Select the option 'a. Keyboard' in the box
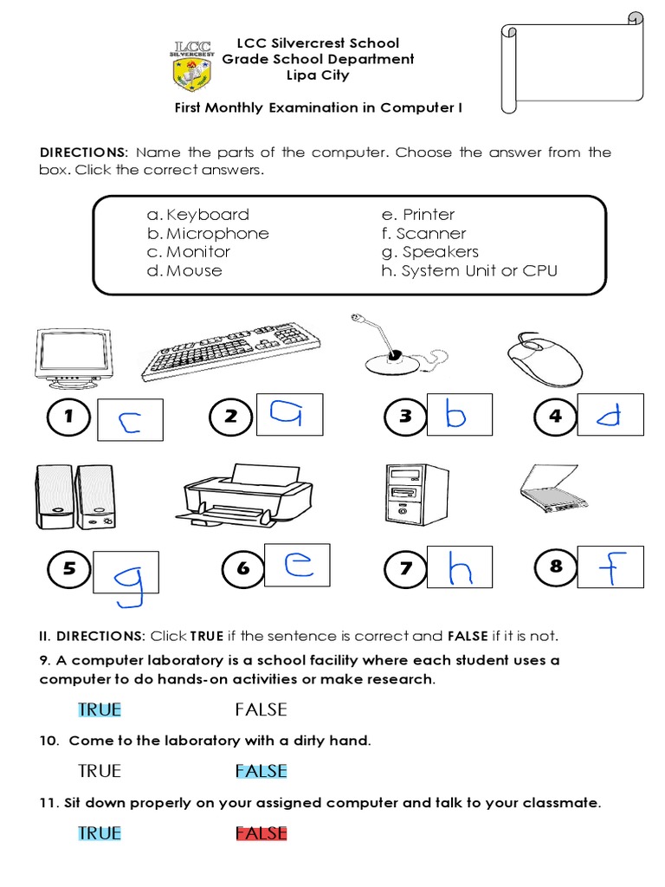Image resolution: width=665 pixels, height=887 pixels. click(198, 215)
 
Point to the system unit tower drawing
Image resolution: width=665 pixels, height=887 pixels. click(416, 493)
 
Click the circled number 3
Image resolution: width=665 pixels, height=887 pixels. click(404, 418)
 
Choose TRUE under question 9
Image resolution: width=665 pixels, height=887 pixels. click(100, 710)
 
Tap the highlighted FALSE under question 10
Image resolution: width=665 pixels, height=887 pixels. click(261, 771)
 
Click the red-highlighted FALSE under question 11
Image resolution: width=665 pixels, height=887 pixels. click(261, 833)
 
